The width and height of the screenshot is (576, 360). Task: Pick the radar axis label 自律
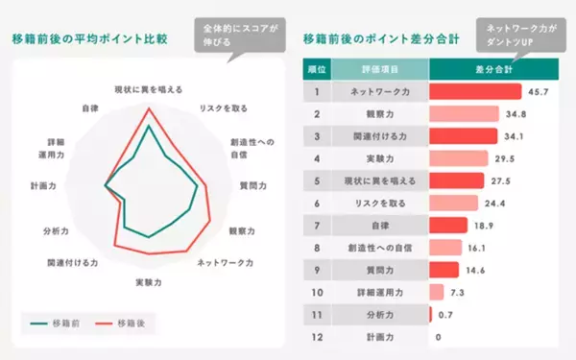click(89, 108)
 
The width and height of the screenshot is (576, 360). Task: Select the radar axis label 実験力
click(148, 283)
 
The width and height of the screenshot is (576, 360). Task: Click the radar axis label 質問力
click(252, 183)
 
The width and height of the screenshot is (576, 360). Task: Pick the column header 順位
click(317, 70)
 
